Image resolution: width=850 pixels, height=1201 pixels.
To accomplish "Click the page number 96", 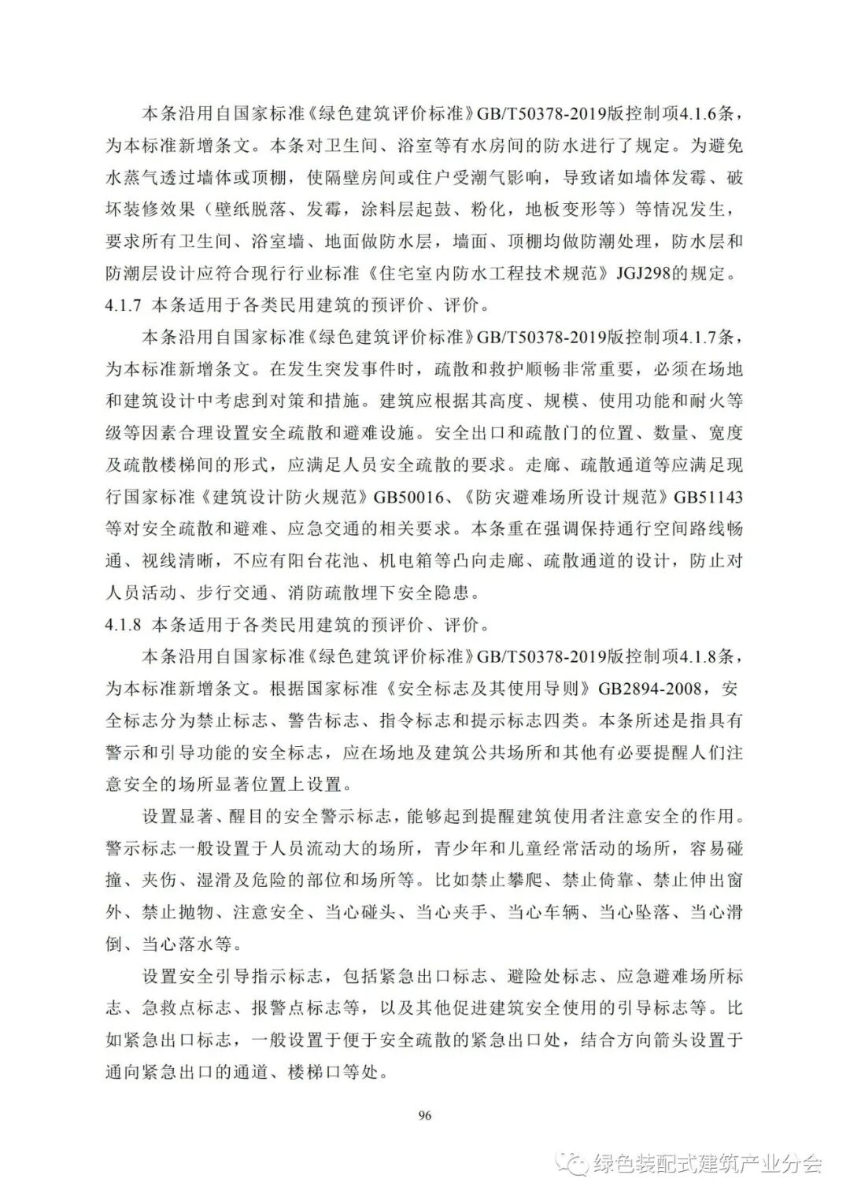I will pos(425,1114).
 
